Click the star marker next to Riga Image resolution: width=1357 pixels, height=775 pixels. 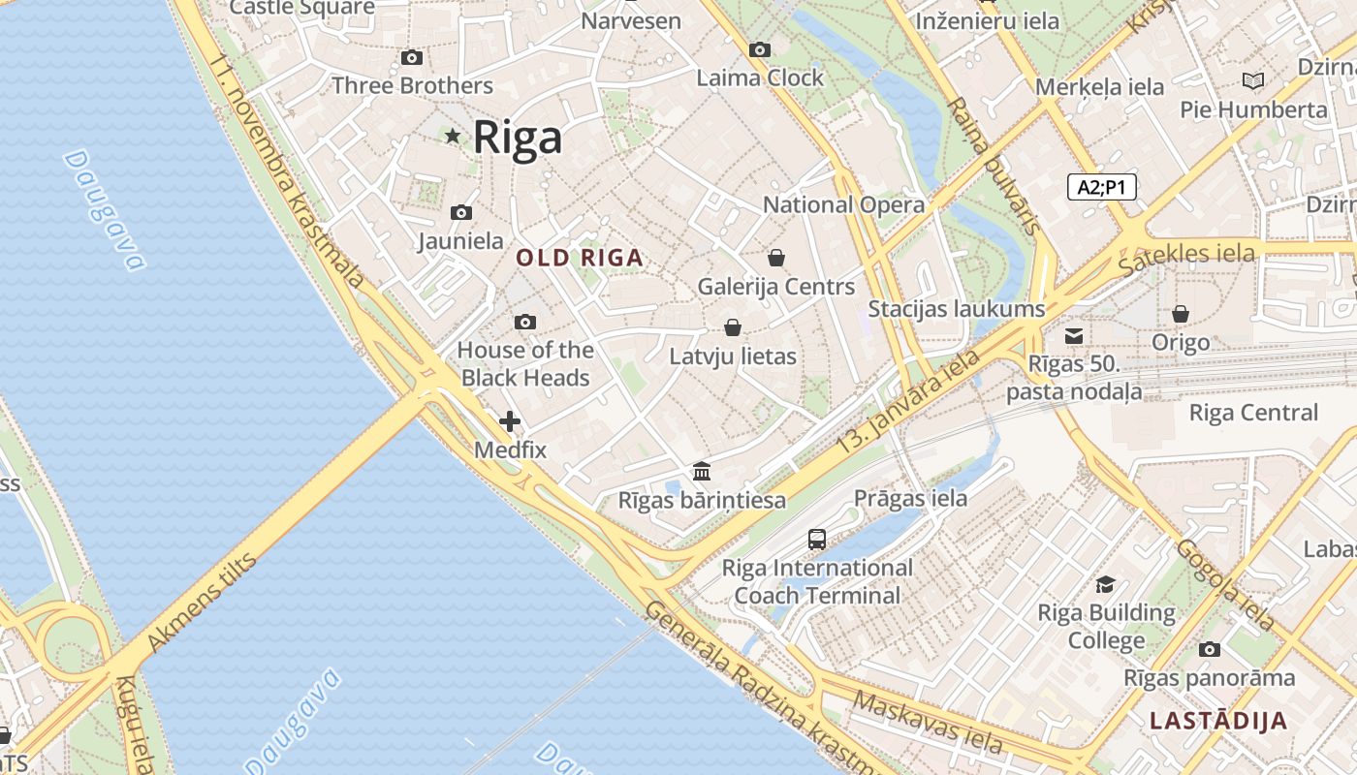[453, 136]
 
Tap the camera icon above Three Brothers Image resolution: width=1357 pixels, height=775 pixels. [412, 58]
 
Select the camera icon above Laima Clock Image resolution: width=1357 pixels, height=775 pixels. [760, 49]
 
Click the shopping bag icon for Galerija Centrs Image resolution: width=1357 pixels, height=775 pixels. [776, 258]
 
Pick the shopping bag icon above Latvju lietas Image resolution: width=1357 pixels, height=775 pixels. [733, 327]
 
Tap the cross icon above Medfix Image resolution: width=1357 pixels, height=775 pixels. [510, 421]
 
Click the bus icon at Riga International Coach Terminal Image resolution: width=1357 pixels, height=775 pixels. [817, 540]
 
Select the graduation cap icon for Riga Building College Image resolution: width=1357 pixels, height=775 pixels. [1105, 584]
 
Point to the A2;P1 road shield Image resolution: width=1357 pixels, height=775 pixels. [1102, 187]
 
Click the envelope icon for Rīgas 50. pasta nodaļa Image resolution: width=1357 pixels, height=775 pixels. [1074, 336]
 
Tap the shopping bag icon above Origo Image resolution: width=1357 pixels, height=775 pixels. [1181, 314]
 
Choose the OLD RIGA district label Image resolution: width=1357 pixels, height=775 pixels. [580, 258]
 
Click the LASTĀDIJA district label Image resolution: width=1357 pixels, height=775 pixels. [1218, 721]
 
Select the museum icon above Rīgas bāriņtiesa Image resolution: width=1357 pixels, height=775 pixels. [702, 472]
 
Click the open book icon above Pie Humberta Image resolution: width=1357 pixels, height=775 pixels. [1253, 81]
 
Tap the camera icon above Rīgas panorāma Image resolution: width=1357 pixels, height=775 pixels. [1209, 649]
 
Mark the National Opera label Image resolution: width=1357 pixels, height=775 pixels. [843, 205]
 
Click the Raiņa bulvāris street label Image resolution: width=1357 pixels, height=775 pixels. [992, 165]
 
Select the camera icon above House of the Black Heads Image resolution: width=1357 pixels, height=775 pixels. [525, 322]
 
